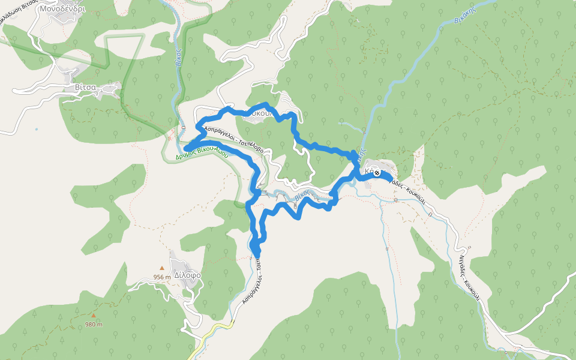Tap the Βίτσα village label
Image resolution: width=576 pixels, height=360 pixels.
pyautogui.click(x=85, y=87)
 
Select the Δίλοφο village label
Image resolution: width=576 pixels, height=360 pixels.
pyautogui.click(x=187, y=275)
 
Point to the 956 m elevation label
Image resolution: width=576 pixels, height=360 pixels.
pyautogui.click(x=161, y=277)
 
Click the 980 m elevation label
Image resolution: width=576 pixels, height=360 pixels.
pyautogui.click(x=94, y=324)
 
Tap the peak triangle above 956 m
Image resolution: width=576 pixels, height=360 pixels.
pyautogui.click(x=161, y=268)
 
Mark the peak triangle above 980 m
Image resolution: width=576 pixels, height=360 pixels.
pyautogui.click(x=93, y=315)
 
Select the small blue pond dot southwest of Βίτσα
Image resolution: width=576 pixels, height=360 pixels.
pyautogui.click(x=37, y=129)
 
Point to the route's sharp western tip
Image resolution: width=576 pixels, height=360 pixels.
pyautogui.click(x=186, y=148)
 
